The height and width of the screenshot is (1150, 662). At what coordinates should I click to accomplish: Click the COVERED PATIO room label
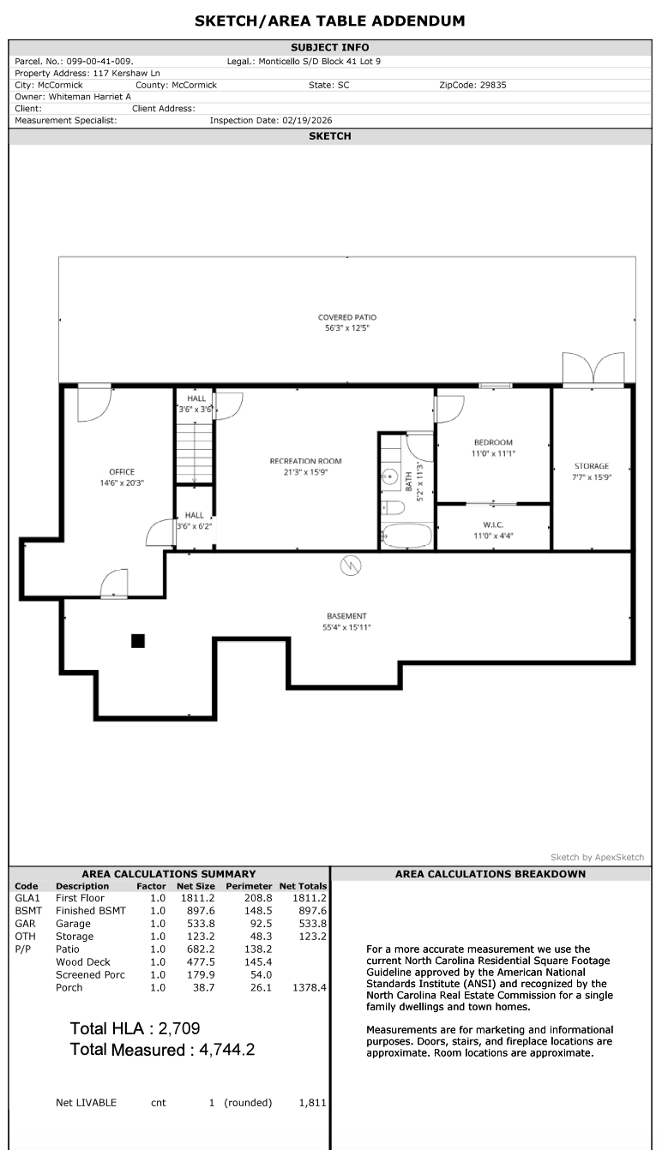346,317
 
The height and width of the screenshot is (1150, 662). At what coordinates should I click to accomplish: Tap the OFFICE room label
122,472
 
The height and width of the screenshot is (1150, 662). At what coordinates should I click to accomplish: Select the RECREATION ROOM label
305,461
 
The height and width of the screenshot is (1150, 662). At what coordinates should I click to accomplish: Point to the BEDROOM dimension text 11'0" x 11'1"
493,453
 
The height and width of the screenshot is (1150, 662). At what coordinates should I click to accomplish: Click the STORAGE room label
592,466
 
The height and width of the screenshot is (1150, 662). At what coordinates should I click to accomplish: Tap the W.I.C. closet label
493,524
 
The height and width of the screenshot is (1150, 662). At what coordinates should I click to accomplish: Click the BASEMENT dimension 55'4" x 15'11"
346,627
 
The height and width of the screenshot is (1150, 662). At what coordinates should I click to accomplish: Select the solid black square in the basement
138,641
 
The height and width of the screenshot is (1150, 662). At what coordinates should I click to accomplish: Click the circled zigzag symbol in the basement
351,566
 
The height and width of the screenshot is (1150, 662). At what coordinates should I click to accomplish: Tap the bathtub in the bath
407,536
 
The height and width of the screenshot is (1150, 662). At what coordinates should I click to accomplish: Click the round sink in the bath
390,477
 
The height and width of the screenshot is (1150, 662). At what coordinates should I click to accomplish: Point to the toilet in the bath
393,508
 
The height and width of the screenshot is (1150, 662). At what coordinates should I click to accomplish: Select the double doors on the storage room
593,368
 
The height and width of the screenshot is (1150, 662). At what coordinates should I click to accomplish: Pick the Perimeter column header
249,886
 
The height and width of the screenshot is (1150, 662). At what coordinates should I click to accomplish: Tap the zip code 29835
493,85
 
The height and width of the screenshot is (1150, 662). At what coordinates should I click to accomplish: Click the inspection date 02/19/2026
307,121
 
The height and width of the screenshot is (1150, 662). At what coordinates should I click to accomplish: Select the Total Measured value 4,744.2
227,1050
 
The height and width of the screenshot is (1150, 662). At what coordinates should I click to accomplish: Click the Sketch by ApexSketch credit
598,858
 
